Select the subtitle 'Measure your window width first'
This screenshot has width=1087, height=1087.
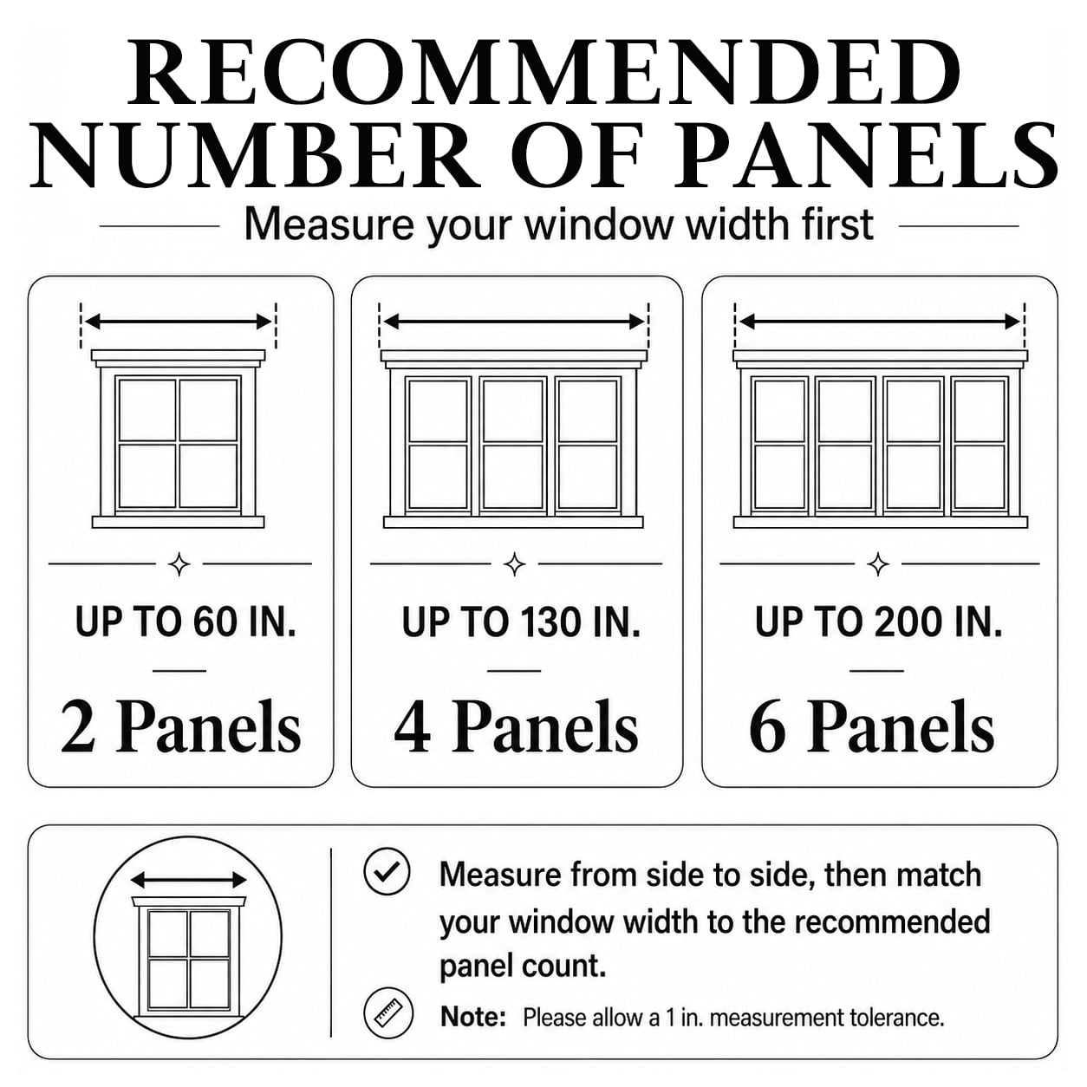558,225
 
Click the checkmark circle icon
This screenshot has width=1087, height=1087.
387,872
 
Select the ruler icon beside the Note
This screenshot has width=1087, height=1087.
387,1015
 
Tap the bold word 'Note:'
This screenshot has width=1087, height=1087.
472,1017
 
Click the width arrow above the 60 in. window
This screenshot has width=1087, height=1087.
179,322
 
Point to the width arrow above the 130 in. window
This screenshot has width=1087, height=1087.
514,322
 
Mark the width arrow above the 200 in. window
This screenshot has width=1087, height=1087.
880,322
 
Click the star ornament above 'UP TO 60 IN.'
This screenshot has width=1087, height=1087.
179,564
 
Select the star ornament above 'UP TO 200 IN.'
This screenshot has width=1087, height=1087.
878,564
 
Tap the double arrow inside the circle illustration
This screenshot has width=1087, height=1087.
188,880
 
